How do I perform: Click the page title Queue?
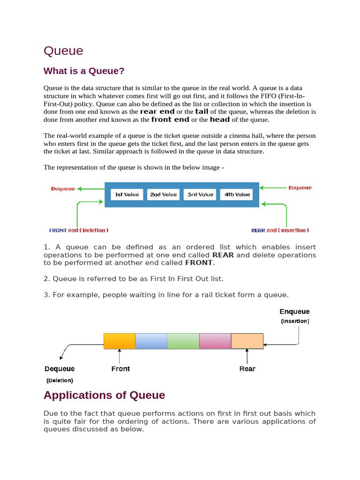pos(63,51)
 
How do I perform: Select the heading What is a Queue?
pos(84,71)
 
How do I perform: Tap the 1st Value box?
pos(127,195)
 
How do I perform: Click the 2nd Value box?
pos(163,195)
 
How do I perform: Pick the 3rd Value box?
pos(200,195)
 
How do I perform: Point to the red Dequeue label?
pos(63,189)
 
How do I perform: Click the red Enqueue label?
pos(300,188)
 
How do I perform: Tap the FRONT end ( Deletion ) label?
pos(79,230)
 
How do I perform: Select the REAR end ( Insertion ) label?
pos(280,230)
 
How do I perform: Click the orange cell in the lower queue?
pos(120,341)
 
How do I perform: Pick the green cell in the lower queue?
pos(183,341)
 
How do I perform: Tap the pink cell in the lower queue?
pos(215,341)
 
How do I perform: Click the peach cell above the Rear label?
pos(247,341)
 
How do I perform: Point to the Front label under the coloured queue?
pos(120,369)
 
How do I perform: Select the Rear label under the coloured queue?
pos(247,369)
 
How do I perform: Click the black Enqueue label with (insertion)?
pos(294,312)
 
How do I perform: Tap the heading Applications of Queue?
pos(104,395)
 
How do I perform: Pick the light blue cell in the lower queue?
pos(151,341)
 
